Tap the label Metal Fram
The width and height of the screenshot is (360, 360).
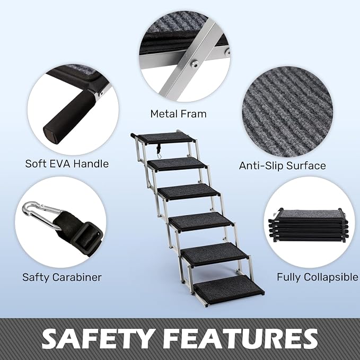(x=178, y=114)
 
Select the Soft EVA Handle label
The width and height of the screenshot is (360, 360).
(x=67, y=164)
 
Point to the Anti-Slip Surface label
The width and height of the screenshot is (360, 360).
(x=283, y=165)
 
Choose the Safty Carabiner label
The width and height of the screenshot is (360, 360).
(x=62, y=277)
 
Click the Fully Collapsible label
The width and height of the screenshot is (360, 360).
(x=318, y=277)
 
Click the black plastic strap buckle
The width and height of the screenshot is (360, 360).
(x=89, y=239)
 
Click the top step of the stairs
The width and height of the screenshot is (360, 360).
(x=165, y=138)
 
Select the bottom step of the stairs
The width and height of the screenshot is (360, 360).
(x=229, y=289)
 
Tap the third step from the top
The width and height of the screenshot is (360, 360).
(x=189, y=192)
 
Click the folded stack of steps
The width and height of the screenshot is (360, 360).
(x=309, y=225)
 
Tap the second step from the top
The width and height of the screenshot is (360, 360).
(x=177, y=164)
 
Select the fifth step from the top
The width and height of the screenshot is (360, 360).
(x=215, y=254)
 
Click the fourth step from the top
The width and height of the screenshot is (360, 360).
(x=201, y=222)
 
